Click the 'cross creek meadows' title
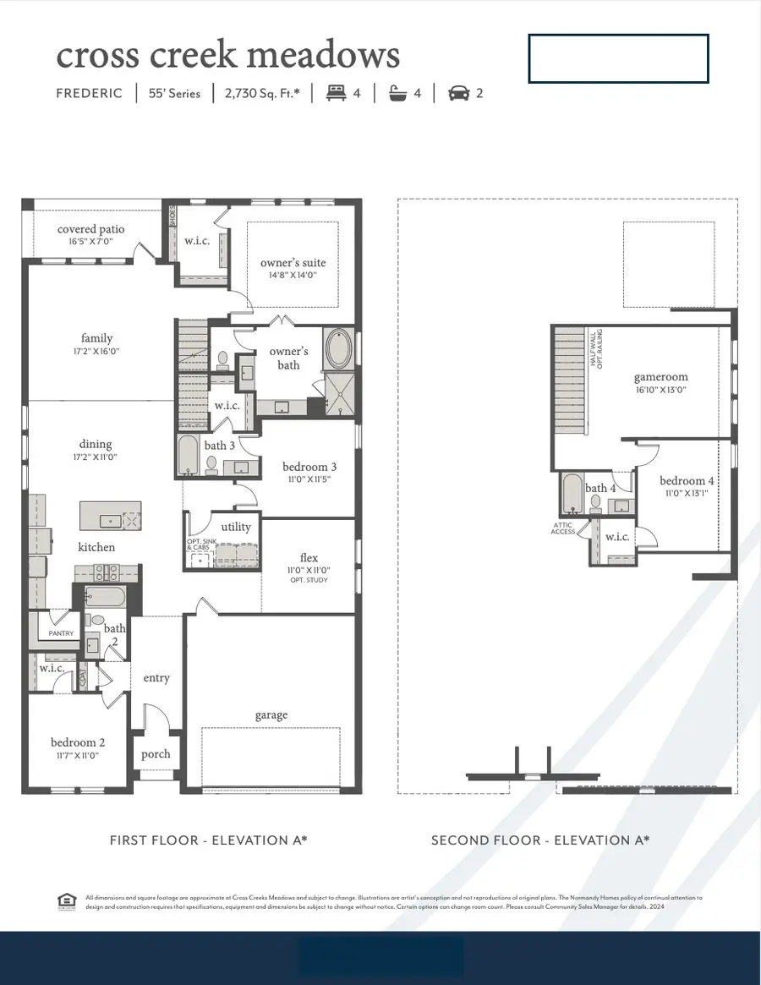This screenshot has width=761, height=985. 227,56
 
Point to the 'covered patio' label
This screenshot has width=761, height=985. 90,229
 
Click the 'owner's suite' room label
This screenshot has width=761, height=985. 293,263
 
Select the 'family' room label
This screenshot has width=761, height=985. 96,338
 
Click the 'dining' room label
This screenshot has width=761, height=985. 96,444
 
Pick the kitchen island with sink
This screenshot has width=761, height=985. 111,517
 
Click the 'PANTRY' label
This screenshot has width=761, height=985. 60,633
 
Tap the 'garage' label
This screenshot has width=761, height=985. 271,715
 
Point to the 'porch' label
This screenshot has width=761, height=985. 156,754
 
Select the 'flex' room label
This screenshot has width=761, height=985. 309,558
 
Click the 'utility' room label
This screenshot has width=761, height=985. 236,527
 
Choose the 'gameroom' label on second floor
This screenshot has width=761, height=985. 661,377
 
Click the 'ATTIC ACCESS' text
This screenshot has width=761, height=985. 563,528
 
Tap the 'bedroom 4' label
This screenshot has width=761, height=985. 687,481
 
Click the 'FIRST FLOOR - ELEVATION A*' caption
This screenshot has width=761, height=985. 208,840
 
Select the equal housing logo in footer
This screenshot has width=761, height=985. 65,900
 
